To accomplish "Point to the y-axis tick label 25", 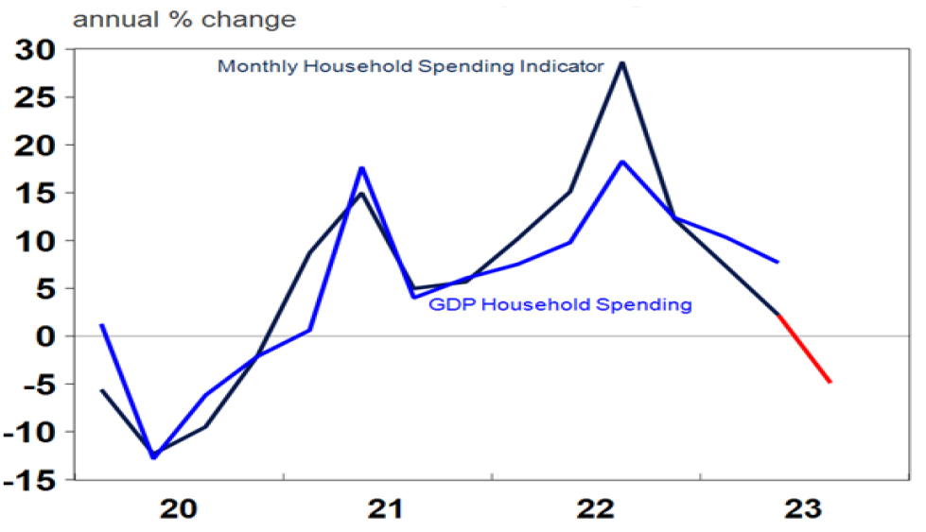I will tap(40, 96).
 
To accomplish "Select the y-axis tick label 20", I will tap(40, 145).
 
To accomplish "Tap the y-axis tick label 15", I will tap(40, 193).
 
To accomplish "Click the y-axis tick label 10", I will tap(40, 241).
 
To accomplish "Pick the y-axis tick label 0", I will tap(49, 336).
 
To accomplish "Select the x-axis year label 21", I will tap(388, 509).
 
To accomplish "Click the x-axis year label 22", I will tap(598, 509).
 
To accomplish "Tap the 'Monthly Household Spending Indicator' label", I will tap(410, 67).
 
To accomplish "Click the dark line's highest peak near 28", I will tap(621, 62).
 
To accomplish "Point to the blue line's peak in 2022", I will tap(621, 162).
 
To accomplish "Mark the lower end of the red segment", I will tap(830, 383).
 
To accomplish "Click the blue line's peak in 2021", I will tap(362, 168).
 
